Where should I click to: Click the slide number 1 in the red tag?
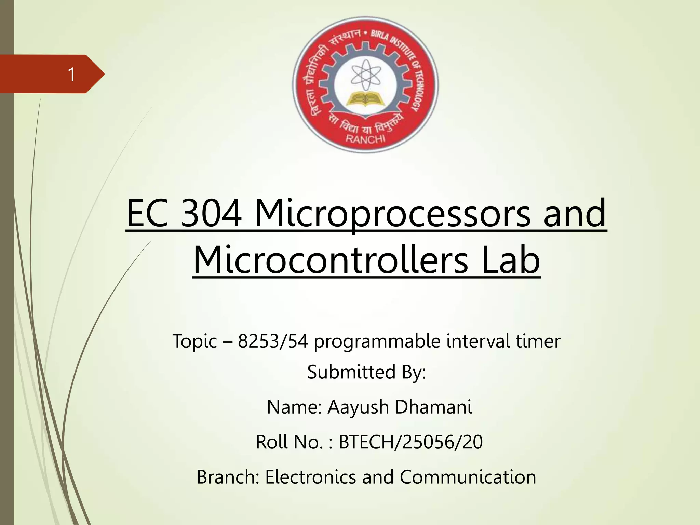[71, 75]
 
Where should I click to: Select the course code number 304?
[211, 214]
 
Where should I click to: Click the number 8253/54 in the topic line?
[273, 341]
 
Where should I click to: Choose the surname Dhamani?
[433, 407]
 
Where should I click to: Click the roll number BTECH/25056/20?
[410, 442]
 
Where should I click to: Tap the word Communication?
[468, 477]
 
